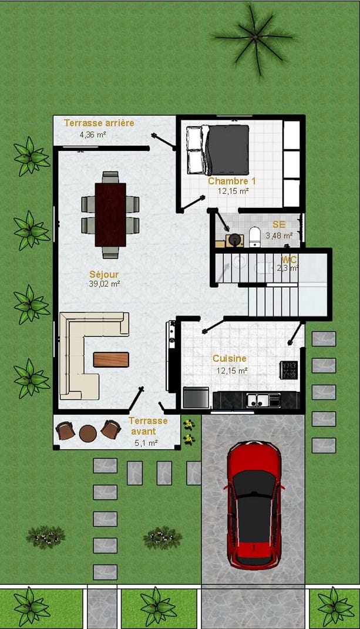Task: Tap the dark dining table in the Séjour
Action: (110, 214)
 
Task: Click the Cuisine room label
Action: (230, 358)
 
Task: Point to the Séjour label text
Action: (104, 275)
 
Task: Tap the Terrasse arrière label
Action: (99, 123)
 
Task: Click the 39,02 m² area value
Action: (105, 284)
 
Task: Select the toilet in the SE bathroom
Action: (255, 237)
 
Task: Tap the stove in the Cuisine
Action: (289, 370)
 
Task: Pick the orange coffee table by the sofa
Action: (111, 359)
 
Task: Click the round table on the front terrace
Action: (88, 433)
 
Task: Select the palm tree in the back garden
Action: (254, 38)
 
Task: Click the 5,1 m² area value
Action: (146, 443)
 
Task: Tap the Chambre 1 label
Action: (231, 181)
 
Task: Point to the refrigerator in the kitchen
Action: (196, 398)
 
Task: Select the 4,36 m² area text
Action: (93, 134)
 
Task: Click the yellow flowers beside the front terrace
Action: (189, 432)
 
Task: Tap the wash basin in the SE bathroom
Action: (234, 240)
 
